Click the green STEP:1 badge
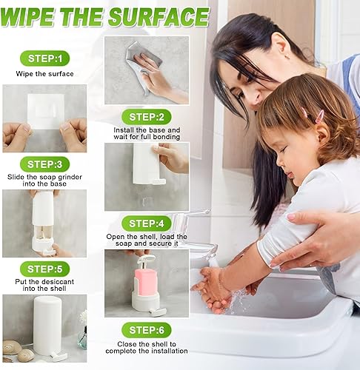[x=44, y=58]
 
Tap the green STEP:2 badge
[x=147, y=117]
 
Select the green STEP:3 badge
[x=44, y=164]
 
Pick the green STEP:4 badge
[x=147, y=223]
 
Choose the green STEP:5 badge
[x=44, y=269]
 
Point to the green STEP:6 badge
[x=147, y=330]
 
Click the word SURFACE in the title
[x=159, y=17]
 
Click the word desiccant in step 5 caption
[x=58, y=282]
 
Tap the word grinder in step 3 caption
[x=70, y=177]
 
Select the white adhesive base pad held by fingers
[x=46, y=112]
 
